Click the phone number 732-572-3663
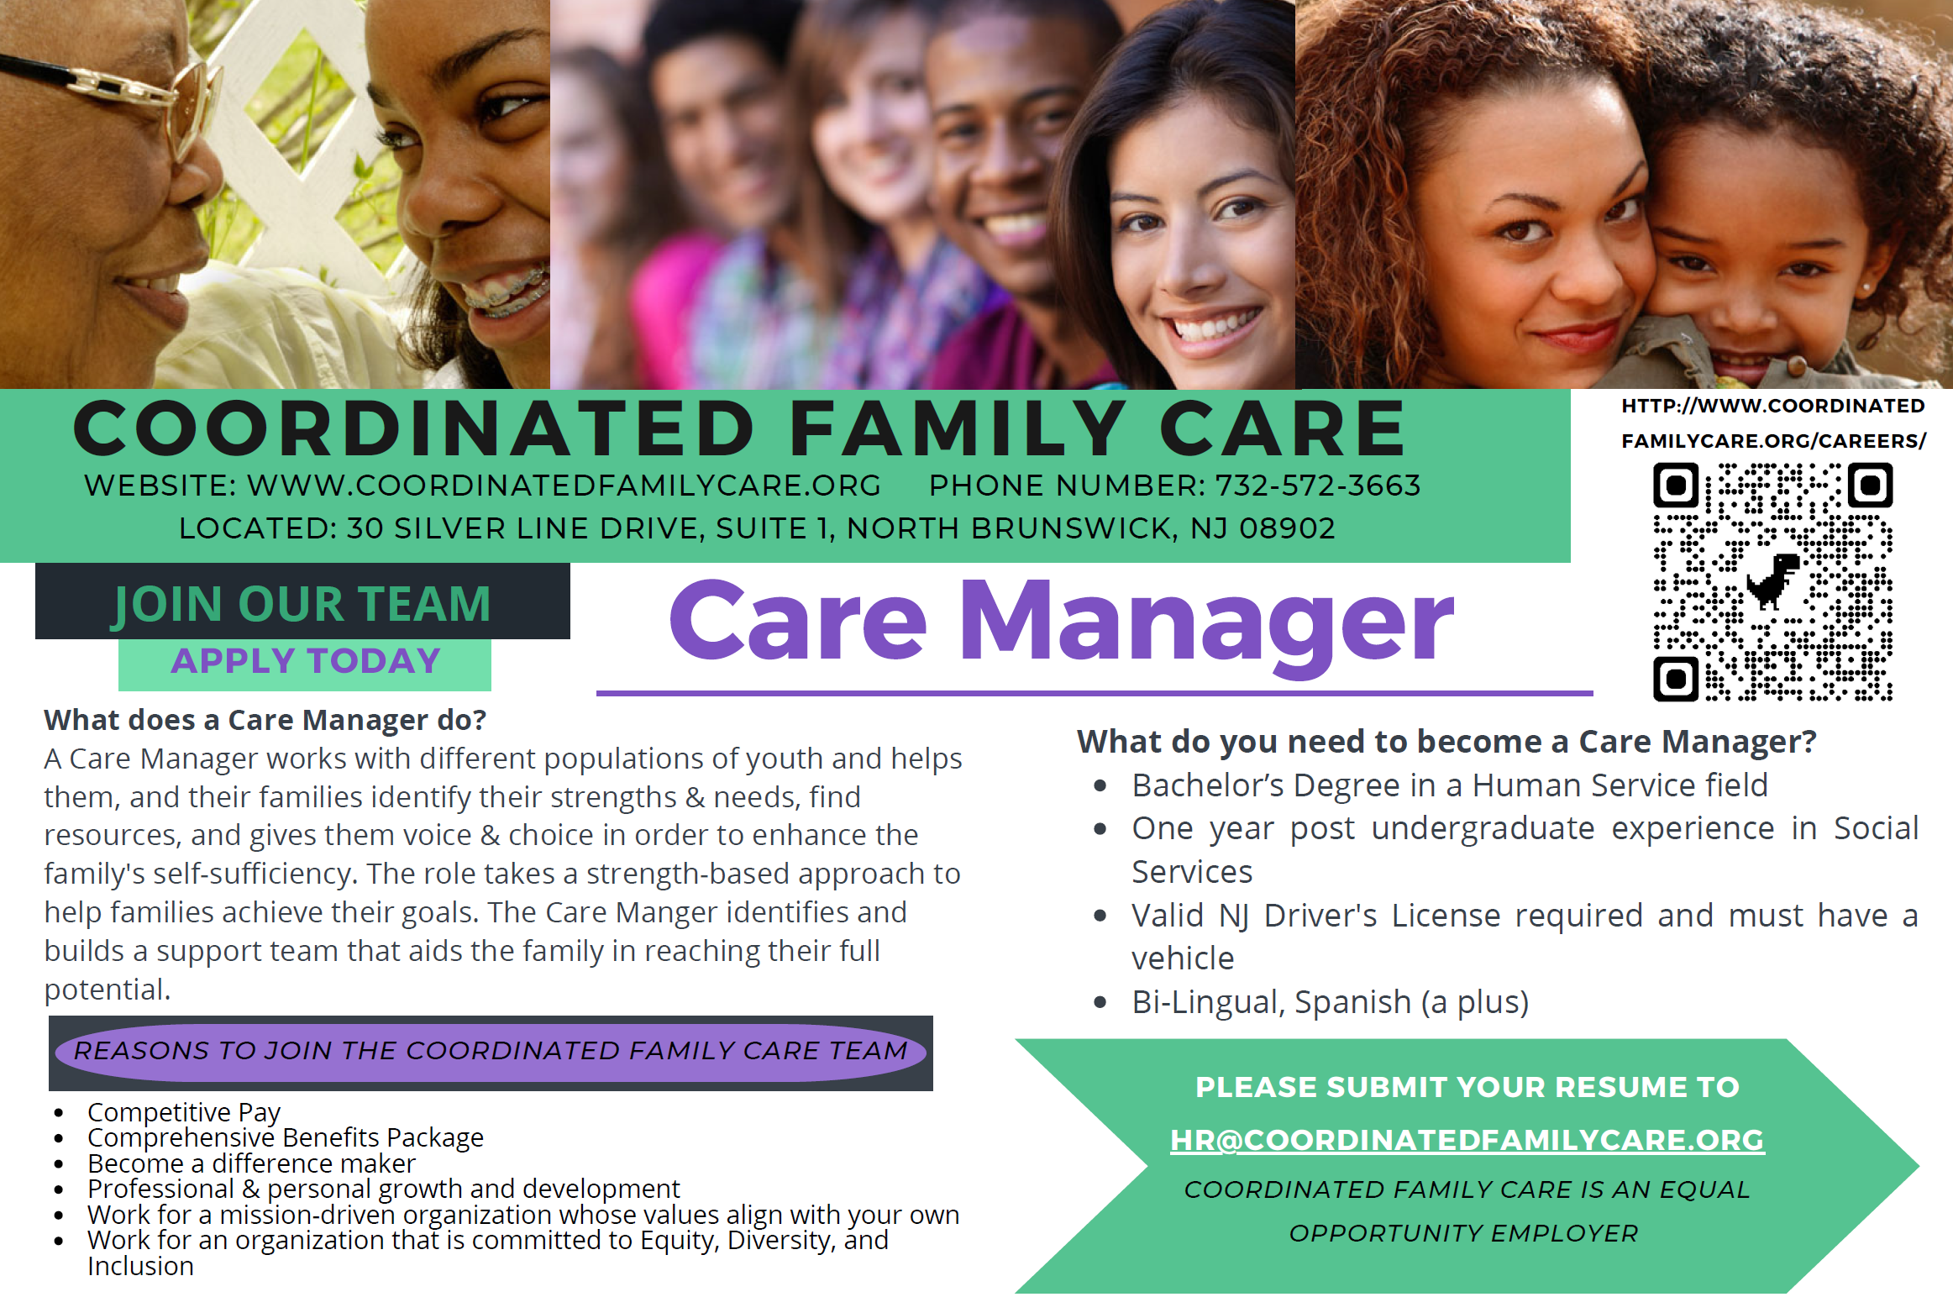pos(1318,486)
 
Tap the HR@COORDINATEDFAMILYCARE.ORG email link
pos(1467,1140)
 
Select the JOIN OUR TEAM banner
pos(302,602)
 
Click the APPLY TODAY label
pos(306,661)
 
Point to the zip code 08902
pos(1287,528)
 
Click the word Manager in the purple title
pos(1206,623)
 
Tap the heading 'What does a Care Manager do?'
pos(265,720)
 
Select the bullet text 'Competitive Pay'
pos(184,1112)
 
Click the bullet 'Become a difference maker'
pos(251,1163)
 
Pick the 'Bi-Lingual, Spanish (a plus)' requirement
pos(1330,1002)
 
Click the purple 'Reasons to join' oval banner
pos(491,1052)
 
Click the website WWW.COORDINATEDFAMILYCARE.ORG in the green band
pos(564,486)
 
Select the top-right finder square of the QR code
pos(1870,485)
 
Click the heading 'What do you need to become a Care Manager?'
pos(1446,742)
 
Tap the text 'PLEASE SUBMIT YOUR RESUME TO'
pos(1467,1087)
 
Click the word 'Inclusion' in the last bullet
pos(140,1266)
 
